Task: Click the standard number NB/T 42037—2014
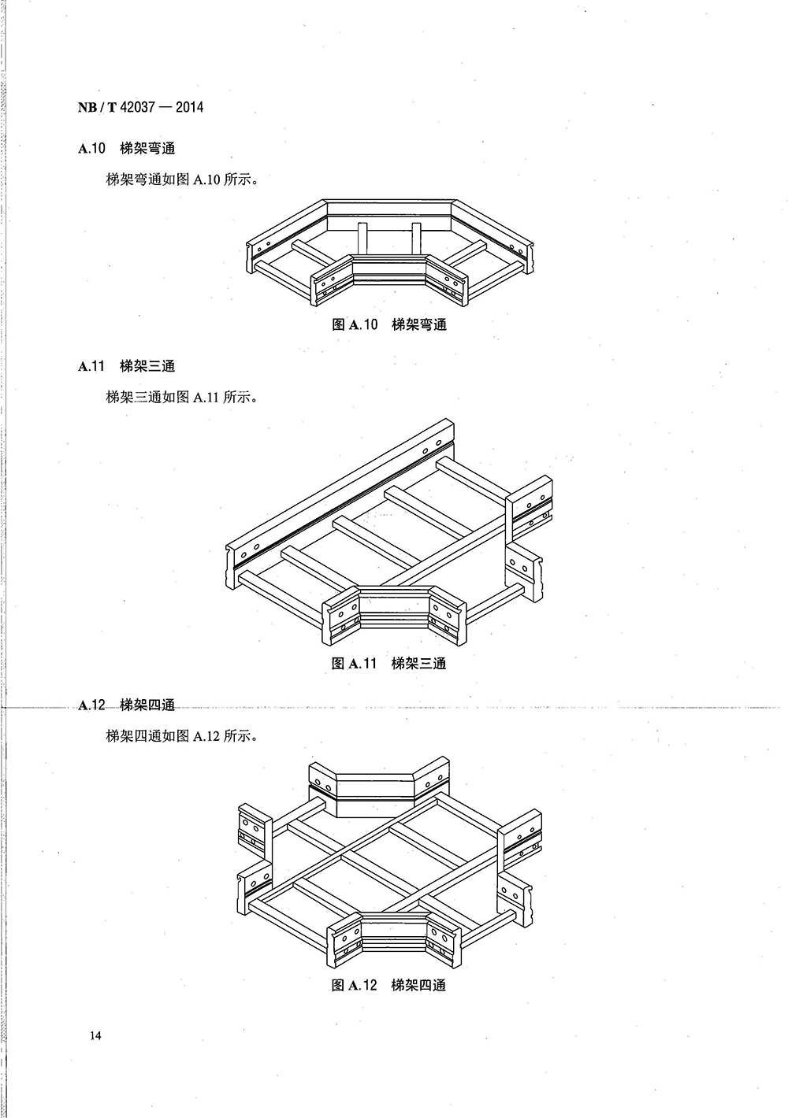pos(140,106)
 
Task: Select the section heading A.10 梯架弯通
pos(126,148)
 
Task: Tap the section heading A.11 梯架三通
pos(126,365)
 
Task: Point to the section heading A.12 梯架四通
pos(126,705)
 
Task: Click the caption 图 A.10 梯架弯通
pos(389,324)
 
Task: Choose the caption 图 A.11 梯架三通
pos(389,663)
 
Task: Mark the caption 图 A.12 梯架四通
pos(389,985)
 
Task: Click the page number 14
pos(96,1035)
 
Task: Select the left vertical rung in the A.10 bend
pos(362,239)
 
